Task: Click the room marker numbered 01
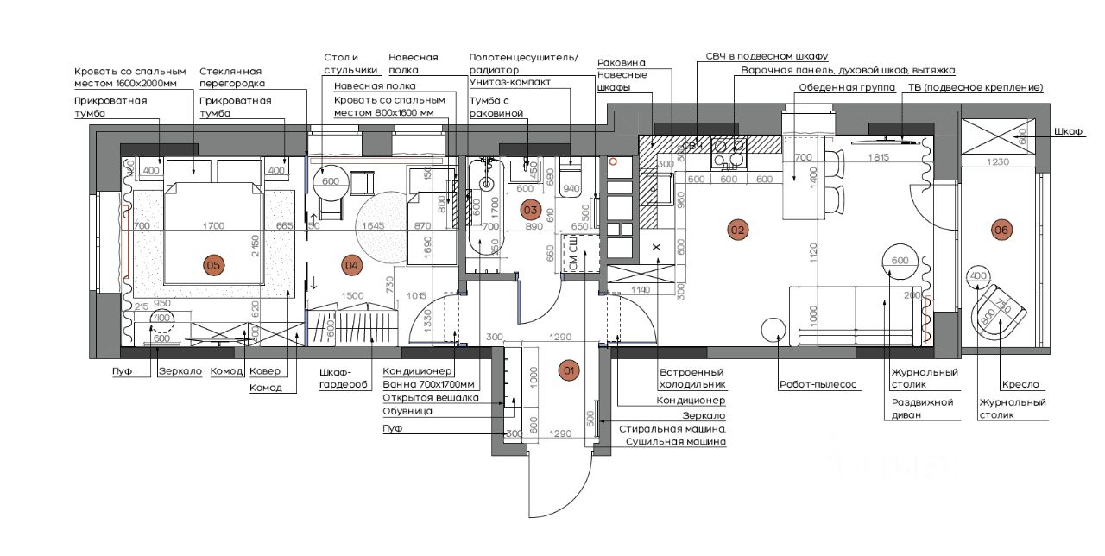point(569,371)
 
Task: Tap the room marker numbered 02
point(737,230)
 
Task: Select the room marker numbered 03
point(531,209)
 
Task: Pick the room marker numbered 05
point(212,264)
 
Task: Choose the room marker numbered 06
point(1001,230)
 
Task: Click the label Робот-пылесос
point(818,385)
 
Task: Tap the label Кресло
point(1020,385)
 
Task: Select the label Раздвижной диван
point(922,408)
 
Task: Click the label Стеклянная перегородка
point(231,77)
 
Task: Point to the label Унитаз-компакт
point(510,83)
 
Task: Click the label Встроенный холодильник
point(691,378)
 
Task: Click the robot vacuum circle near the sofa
point(773,329)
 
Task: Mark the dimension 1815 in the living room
point(879,157)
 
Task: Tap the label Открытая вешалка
point(419,398)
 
